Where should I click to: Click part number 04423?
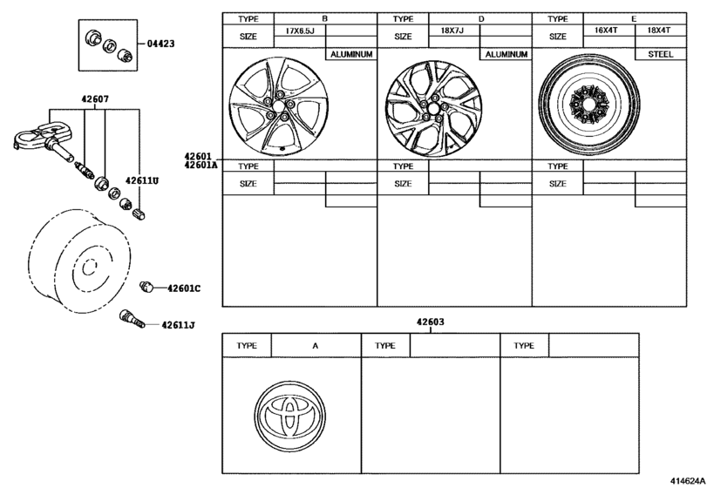coord(160,44)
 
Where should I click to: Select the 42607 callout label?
coord(95,98)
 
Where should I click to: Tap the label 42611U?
coord(142,180)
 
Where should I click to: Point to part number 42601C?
coord(184,288)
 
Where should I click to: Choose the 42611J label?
coord(178,324)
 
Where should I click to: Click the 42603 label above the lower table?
coord(430,322)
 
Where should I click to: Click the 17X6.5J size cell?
coord(299,30)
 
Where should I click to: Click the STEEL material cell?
coord(661,54)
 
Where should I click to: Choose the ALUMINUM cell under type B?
coord(351,54)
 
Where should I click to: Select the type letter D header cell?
coord(480,19)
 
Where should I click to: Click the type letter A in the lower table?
coord(316,346)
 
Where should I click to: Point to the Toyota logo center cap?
coord(289,416)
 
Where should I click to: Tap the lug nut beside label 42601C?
coord(146,286)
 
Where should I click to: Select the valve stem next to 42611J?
coord(133,319)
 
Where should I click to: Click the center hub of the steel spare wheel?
coord(588,105)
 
